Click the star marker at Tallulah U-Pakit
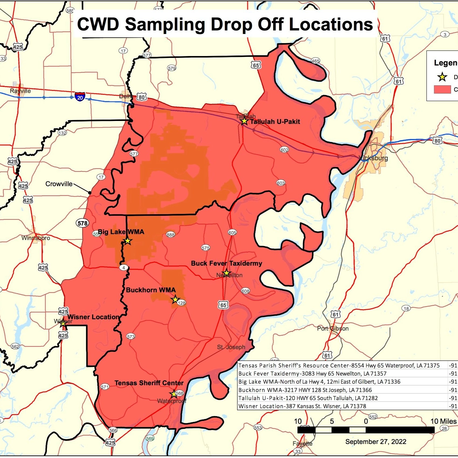coord(244,121)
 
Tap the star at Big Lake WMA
coord(128,241)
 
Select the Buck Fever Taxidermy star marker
coord(226,273)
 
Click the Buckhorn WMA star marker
coord(175,299)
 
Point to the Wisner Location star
coord(63,323)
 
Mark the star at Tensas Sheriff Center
coord(174,394)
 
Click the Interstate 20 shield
coord(80,96)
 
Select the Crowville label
coord(59,184)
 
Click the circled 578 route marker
coord(82,223)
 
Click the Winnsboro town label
coord(36,238)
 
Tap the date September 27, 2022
coord(376,442)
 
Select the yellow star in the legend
coord(442,77)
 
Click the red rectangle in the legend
coord(442,89)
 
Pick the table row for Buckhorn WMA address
coord(305,390)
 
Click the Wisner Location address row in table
coord(302,406)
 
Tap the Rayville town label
coord(20,91)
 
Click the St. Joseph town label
coord(231,347)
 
